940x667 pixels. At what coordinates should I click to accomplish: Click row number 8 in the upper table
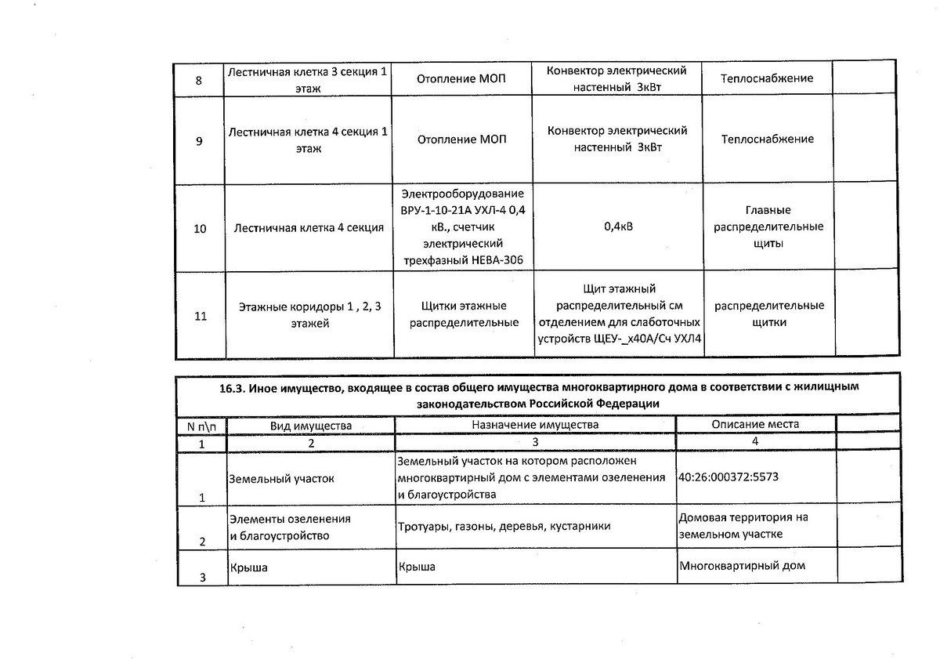pyautogui.click(x=198, y=80)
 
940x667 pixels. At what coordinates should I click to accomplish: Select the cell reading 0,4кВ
pyautogui.click(x=618, y=228)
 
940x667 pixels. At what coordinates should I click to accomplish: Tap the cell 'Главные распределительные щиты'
pyautogui.click(x=768, y=227)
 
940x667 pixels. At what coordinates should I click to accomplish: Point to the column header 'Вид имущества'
pyautogui.click(x=311, y=425)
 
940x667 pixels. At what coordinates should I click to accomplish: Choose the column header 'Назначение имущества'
pyautogui.click(x=535, y=424)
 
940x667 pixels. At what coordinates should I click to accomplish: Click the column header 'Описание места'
pyautogui.click(x=756, y=424)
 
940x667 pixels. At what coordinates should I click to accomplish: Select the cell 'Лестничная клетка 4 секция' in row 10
pyautogui.click(x=309, y=229)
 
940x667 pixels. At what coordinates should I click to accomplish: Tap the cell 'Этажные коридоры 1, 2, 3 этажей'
pyautogui.click(x=309, y=314)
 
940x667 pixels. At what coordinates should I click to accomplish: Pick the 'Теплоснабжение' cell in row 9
pyautogui.click(x=768, y=140)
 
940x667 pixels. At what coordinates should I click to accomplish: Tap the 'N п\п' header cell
pyautogui.click(x=202, y=425)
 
